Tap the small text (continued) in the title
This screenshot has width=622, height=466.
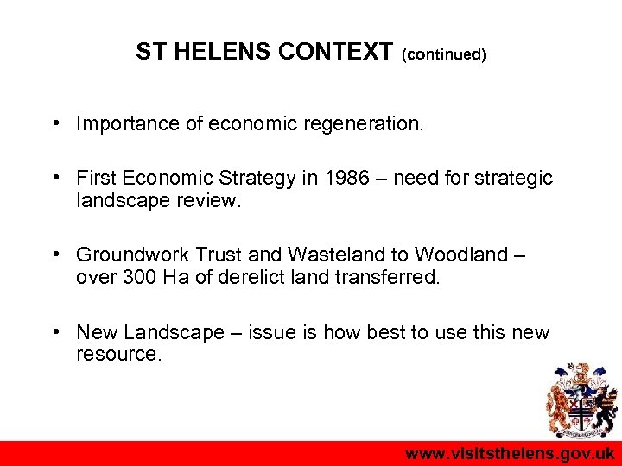[444, 54]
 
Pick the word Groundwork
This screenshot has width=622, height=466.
[133, 255]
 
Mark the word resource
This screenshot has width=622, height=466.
[118, 353]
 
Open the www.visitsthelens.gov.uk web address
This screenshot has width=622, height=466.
[510, 454]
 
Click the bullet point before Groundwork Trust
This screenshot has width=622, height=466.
[55, 255]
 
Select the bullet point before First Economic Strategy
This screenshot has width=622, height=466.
[55, 178]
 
